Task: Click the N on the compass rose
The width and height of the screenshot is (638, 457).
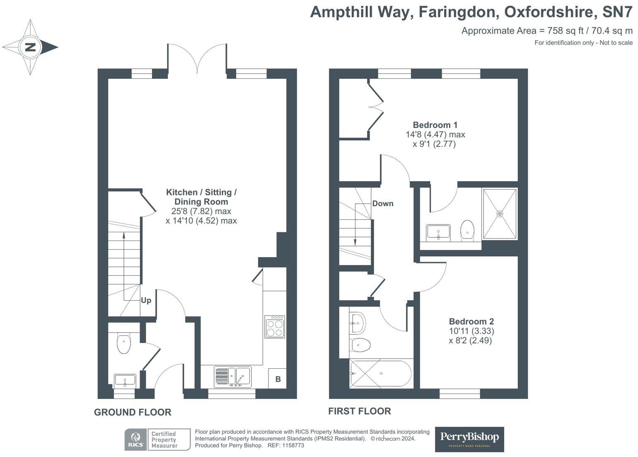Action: coord(31,47)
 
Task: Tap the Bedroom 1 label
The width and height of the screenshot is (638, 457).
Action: coord(435,125)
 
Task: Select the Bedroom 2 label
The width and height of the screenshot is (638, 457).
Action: coord(471,321)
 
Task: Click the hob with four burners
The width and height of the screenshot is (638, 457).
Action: coord(275,326)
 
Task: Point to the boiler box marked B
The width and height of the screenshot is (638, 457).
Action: coord(278,379)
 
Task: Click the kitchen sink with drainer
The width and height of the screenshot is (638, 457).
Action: coord(233,377)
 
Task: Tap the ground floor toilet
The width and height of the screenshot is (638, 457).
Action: coord(123,343)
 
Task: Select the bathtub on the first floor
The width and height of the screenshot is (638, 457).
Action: coord(381,373)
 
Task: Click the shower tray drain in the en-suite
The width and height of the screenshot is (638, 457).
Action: coord(500,214)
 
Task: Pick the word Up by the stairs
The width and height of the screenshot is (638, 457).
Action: coord(146,301)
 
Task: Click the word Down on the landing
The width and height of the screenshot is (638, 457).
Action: coord(383,204)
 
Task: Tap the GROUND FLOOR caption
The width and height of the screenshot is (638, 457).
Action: coord(133,412)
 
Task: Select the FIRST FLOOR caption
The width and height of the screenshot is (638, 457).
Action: coord(360,411)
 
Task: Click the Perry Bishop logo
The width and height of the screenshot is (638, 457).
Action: coord(469,439)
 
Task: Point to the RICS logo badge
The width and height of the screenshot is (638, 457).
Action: coord(135,440)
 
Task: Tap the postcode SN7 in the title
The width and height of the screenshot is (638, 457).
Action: coord(617,12)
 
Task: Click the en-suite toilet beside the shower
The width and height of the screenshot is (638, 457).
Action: coord(467,230)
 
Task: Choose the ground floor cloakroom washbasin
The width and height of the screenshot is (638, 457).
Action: coord(125,381)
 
